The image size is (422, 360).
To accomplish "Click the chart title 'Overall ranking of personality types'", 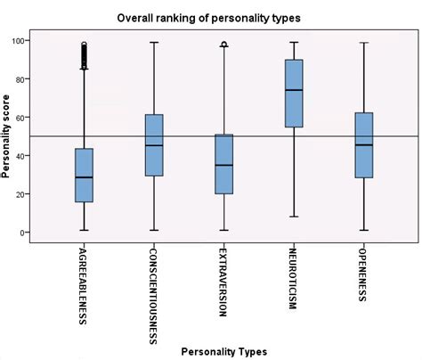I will (221, 17).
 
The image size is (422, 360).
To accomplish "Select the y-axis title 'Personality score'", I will (7, 135).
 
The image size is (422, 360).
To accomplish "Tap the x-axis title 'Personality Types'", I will (222, 351).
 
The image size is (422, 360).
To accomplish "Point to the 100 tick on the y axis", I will (18, 40).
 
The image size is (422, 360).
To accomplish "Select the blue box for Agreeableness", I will (85, 176).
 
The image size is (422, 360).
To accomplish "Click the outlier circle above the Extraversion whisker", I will (223, 44).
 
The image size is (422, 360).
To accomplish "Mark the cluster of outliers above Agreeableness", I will (85, 55).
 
